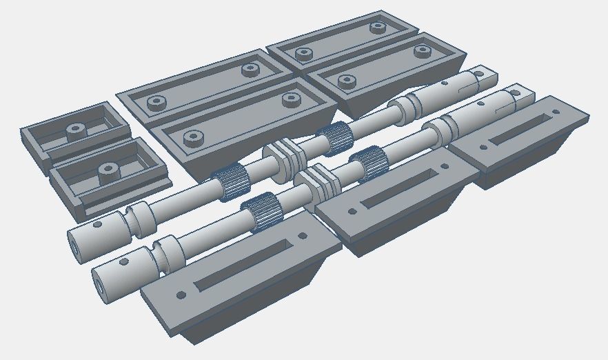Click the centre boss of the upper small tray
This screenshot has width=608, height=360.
pyautogui.click(x=74, y=129)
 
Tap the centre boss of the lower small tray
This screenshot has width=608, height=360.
pyautogui.click(x=107, y=169)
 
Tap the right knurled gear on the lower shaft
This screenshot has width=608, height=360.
pyautogui.click(x=366, y=163)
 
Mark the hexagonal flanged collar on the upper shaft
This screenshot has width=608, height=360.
pyautogui.click(x=283, y=157)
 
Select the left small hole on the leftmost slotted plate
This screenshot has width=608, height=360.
pyautogui.click(x=181, y=295)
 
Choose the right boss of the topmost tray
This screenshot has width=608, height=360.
pyautogui.click(x=377, y=28)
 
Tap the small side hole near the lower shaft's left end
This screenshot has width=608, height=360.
pyautogui.click(x=123, y=262)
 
